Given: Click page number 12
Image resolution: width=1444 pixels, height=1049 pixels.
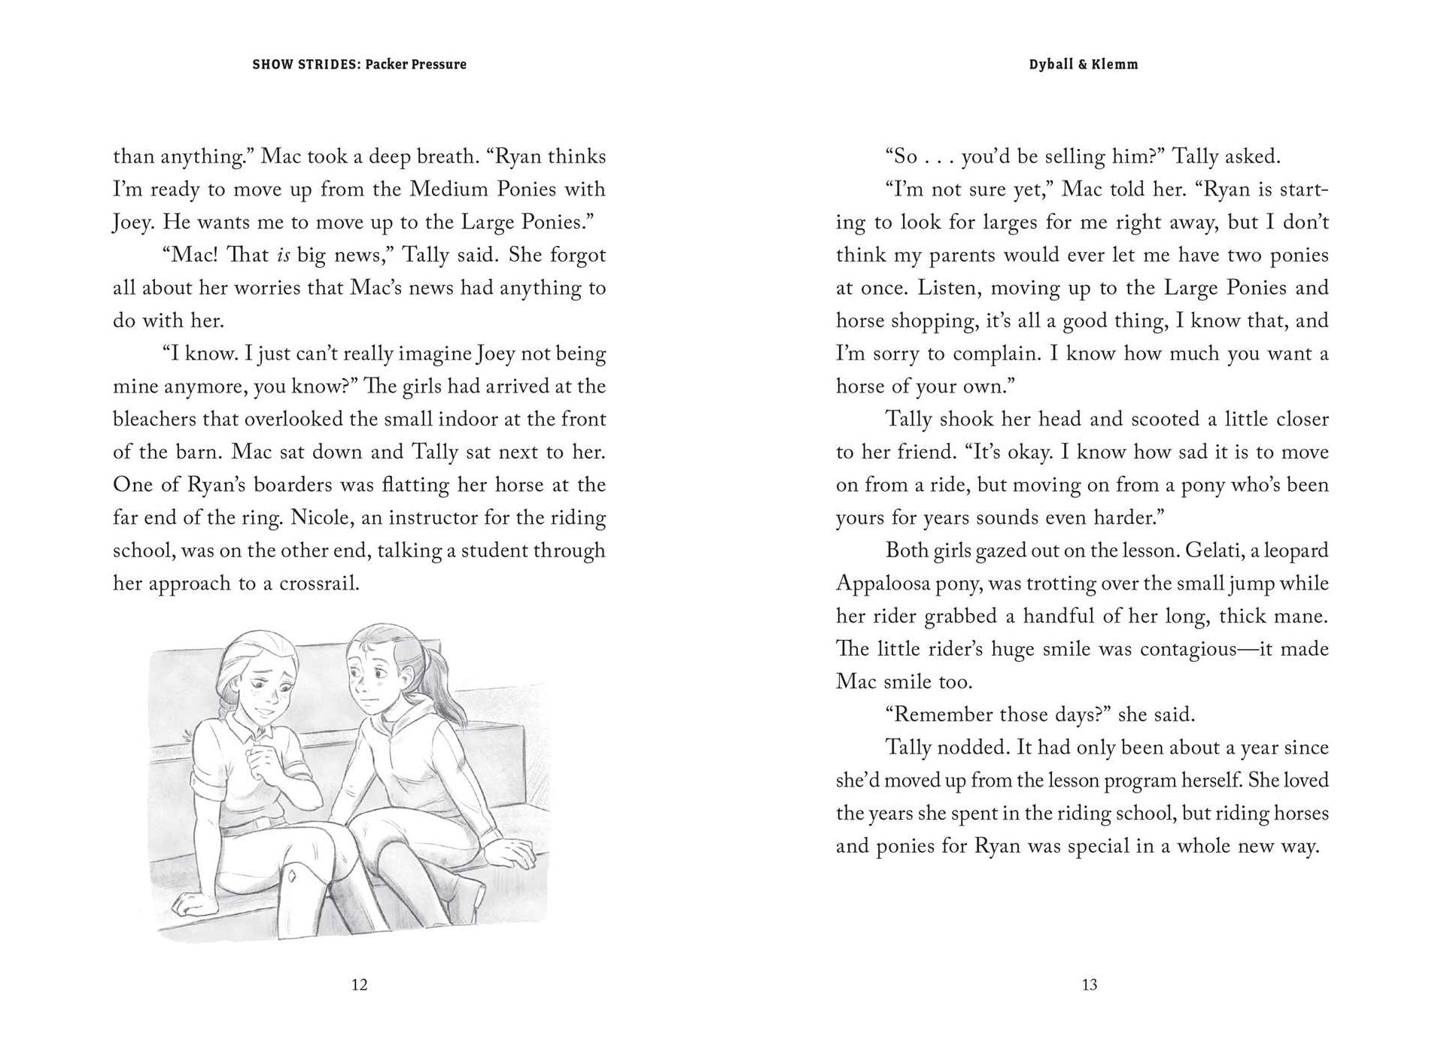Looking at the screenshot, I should (x=359, y=985).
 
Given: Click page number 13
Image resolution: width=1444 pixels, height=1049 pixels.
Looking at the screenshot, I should (x=1089, y=985).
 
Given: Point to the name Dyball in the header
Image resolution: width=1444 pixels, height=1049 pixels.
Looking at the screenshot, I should (x=1050, y=65).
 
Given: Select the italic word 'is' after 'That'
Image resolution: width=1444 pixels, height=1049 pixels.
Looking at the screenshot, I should (x=283, y=255).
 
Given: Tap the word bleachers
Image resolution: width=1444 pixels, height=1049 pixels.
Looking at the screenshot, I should (x=156, y=419).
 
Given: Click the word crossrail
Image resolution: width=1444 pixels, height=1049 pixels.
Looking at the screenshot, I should (x=319, y=584).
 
